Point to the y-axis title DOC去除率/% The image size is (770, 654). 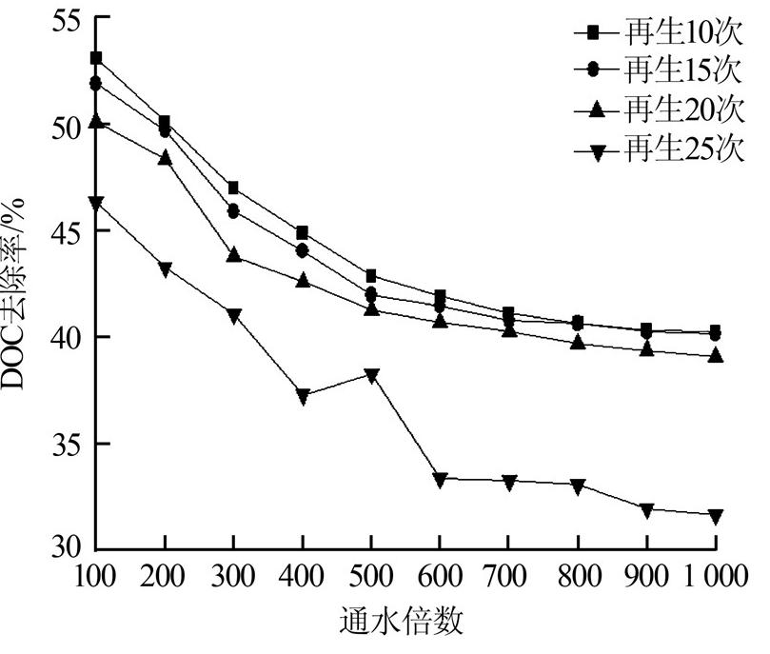pyautogui.click(x=19, y=286)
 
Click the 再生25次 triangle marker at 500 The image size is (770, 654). pyautogui.click(x=371, y=375)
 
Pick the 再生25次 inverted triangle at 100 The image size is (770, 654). pyautogui.click(x=96, y=203)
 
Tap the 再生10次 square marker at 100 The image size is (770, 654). pyautogui.click(x=96, y=58)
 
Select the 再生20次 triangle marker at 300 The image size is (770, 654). pyautogui.click(x=233, y=255)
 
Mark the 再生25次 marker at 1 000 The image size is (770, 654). pyautogui.click(x=715, y=516)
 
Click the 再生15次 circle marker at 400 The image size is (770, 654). pyautogui.click(x=303, y=251)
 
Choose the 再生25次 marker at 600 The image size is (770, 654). pyautogui.click(x=440, y=479)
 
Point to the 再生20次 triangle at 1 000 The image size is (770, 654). pyautogui.click(x=715, y=355)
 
